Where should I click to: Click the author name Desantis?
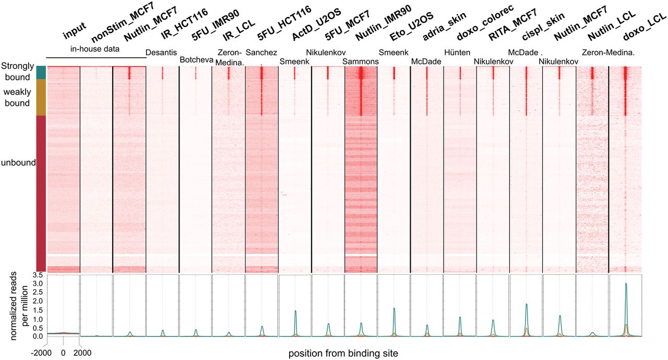click(162, 52)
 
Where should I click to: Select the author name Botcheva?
click(195, 60)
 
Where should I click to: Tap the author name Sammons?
click(360, 62)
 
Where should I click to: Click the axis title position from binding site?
click(343, 353)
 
